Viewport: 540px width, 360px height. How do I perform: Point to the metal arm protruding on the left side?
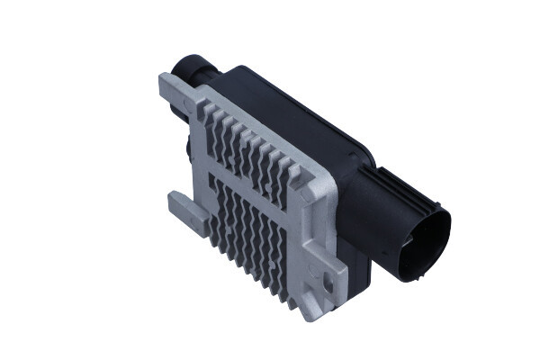point(184,209)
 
